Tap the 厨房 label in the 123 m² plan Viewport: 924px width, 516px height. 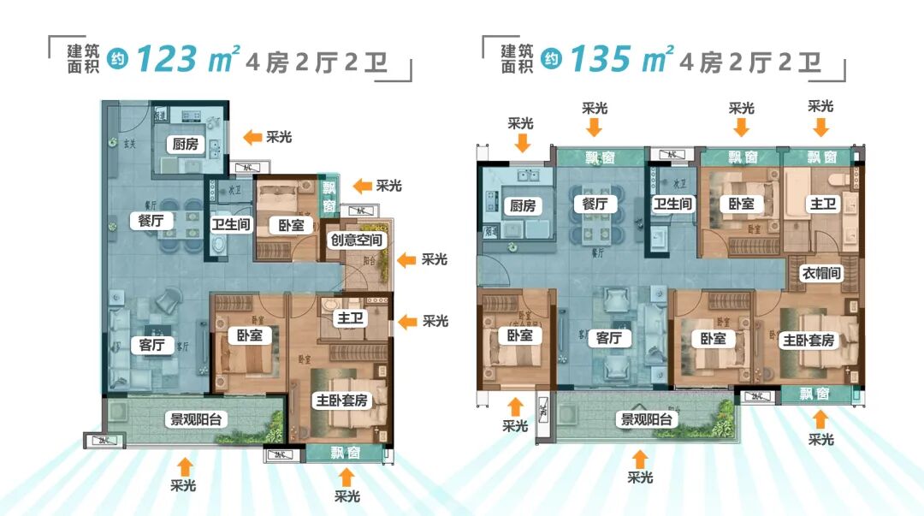185,144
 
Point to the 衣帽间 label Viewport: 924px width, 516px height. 822,274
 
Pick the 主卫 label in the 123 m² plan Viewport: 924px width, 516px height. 351,318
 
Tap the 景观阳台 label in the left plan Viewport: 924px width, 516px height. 196,419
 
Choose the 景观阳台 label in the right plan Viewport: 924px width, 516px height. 647,419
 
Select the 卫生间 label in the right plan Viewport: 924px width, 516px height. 672,205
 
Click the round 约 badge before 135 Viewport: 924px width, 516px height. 553,60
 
